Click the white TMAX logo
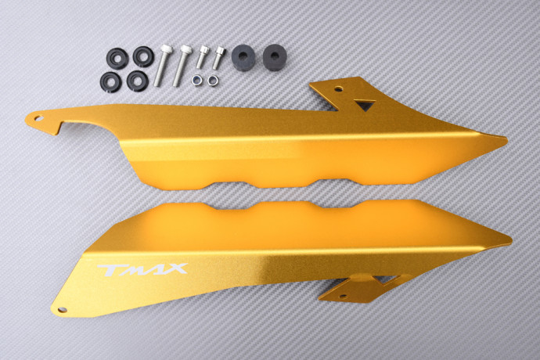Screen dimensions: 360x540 click(142, 270)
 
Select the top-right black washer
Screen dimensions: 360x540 click(142, 56)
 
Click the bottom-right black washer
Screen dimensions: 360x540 click(137, 81)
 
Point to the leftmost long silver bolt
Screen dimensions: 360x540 click(162, 65)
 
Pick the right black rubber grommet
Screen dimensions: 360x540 click(274, 57)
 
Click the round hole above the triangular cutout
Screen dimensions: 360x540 click(338, 90)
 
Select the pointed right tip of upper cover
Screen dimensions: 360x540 click(505, 140)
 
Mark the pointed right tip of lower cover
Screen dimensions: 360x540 click(510, 239)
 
